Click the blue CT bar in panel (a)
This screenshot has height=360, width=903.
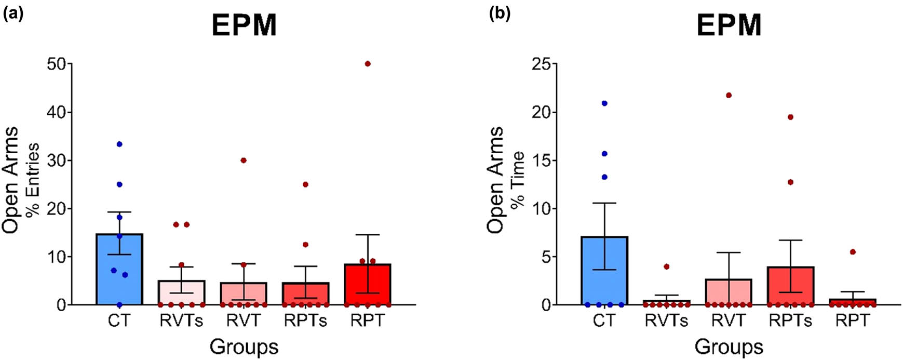(119, 275)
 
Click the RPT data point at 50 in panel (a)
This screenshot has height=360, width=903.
(368, 64)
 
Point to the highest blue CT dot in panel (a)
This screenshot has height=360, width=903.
(119, 144)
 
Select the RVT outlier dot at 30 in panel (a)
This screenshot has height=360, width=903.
(244, 161)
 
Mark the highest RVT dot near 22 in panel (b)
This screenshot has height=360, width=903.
(729, 96)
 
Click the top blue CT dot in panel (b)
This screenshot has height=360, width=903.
(604, 103)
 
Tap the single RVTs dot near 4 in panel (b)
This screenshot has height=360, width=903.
(667, 266)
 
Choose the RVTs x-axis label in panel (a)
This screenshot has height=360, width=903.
(181, 321)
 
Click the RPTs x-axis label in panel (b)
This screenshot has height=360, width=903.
(790, 321)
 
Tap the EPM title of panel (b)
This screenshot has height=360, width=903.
(729, 25)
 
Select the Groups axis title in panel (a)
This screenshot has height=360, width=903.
(244, 346)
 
